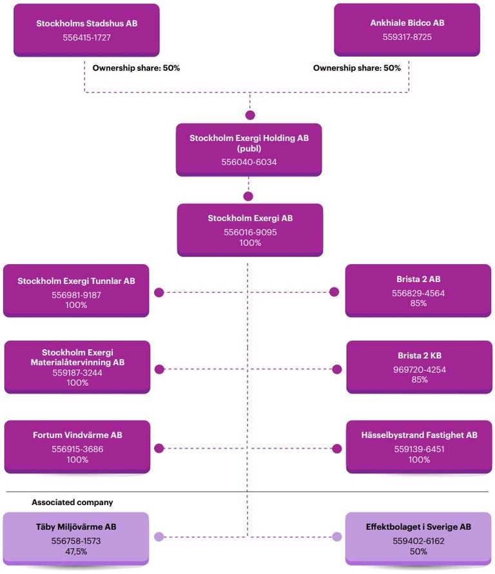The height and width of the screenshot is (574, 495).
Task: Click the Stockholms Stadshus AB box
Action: pyautogui.click(x=86, y=30)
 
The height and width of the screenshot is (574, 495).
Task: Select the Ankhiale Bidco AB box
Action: pyautogui.click(x=407, y=30)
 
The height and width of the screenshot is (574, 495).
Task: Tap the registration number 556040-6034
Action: pyautogui.click(x=249, y=162)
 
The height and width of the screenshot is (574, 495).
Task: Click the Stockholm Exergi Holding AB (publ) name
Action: pyautogui.click(x=249, y=143)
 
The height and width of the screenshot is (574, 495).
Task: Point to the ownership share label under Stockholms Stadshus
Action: pyautogui.click(x=136, y=68)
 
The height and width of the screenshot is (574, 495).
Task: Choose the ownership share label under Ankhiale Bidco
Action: pyautogui.click(x=357, y=68)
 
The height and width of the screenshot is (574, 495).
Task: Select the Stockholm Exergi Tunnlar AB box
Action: pyautogui.click(x=76, y=291)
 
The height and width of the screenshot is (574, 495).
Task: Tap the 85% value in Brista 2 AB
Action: pyautogui.click(x=418, y=303)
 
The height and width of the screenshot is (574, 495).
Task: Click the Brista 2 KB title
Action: pyautogui.click(x=419, y=356)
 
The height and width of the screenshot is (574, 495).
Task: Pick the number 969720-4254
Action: pyautogui.click(x=419, y=370)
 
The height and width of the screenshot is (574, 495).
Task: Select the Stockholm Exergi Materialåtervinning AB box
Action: pyautogui.click(x=77, y=367)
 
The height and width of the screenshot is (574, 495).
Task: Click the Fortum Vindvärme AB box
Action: pyautogui.click(x=77, y=446)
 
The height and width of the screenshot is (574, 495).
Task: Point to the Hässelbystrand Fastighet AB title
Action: pyautogui.click(x=419, y=435)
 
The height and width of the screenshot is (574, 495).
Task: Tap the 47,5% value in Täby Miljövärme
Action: pyautogui.click(x=76, y=551)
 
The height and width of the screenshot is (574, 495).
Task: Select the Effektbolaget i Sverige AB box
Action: pyautogui.click(x=418, y=539)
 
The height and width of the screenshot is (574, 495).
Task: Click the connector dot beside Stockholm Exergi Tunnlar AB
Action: pyautogui.click(x=159, y=292)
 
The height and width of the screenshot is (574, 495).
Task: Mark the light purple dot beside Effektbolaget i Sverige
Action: pyautogui.click(x=336, y=537)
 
